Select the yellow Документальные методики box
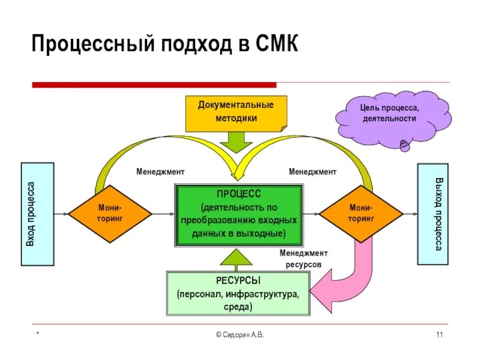coord(236,112)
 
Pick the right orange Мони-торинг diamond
coord(361,214)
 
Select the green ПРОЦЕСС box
coord(239,215)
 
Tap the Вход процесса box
coord(37,214)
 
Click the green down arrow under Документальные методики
coord(236,143)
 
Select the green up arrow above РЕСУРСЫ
coord(238,259)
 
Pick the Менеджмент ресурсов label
coord(304,259)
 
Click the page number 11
coord(439,334)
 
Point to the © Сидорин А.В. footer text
coord(239,334)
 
